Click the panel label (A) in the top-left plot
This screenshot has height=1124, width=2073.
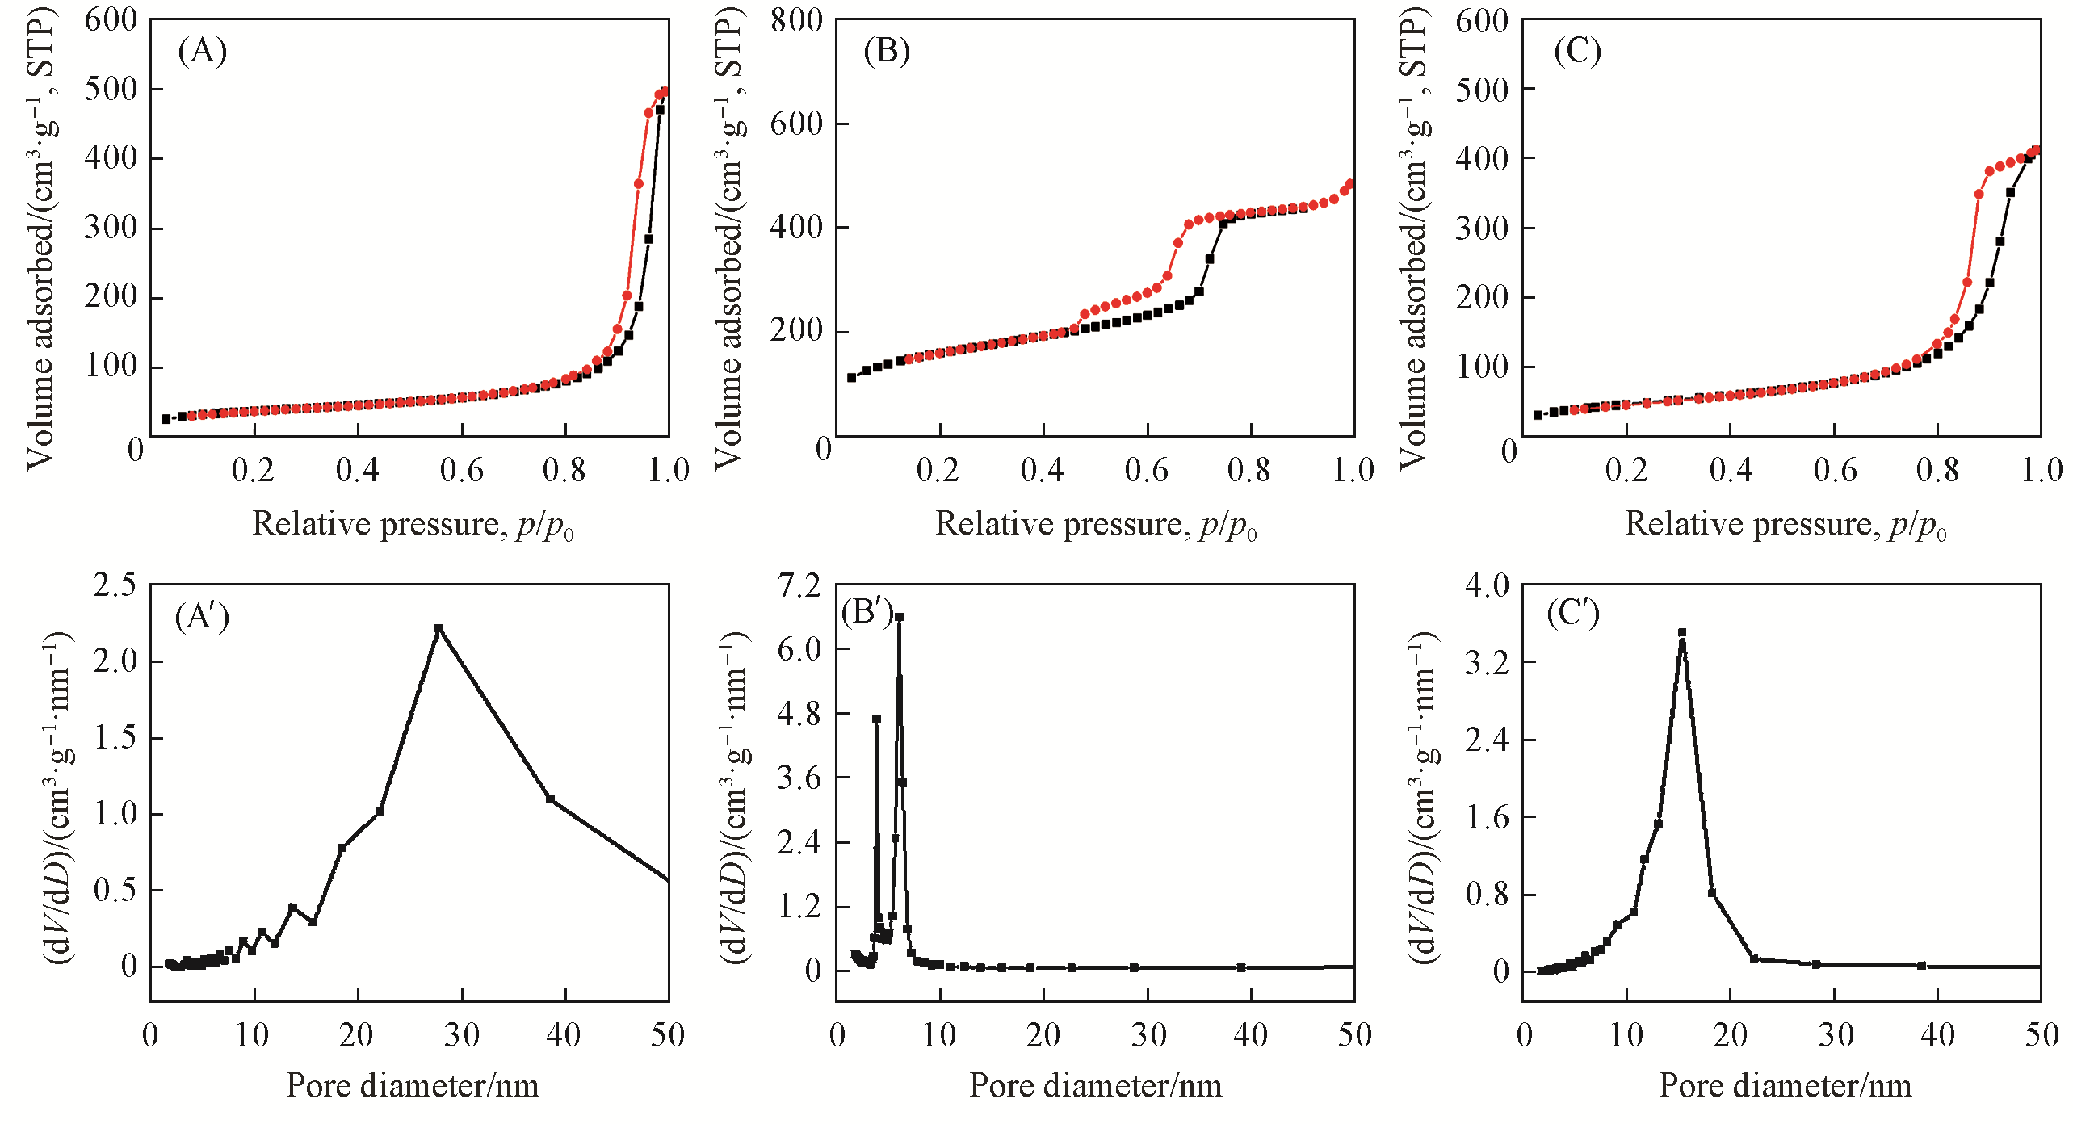202,52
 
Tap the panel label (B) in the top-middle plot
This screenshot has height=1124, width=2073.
887,52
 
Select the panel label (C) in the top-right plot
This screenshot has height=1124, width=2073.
1577,52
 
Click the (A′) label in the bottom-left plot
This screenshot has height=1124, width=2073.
202,618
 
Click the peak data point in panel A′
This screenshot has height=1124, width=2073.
439,628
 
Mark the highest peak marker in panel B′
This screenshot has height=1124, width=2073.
899,617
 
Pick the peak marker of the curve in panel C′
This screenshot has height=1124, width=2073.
1682,632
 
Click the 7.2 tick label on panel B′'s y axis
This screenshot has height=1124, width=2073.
798,585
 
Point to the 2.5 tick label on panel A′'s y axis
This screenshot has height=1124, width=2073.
115,585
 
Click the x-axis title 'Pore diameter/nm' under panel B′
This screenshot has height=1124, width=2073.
1095,1086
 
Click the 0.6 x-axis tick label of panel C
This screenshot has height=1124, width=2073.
1835,471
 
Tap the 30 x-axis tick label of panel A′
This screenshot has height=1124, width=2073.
461,1035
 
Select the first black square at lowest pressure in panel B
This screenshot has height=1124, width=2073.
851,377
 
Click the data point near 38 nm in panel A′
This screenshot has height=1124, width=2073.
550,799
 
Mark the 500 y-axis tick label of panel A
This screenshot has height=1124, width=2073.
111,89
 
